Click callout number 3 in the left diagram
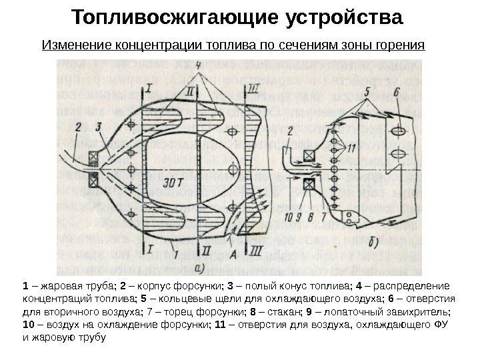tap(99, 126)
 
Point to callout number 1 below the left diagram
tap(174, 254)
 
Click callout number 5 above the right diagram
tap(366, 91)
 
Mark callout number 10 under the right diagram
tap(288, 216)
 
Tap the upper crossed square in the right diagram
tap(309, 158)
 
